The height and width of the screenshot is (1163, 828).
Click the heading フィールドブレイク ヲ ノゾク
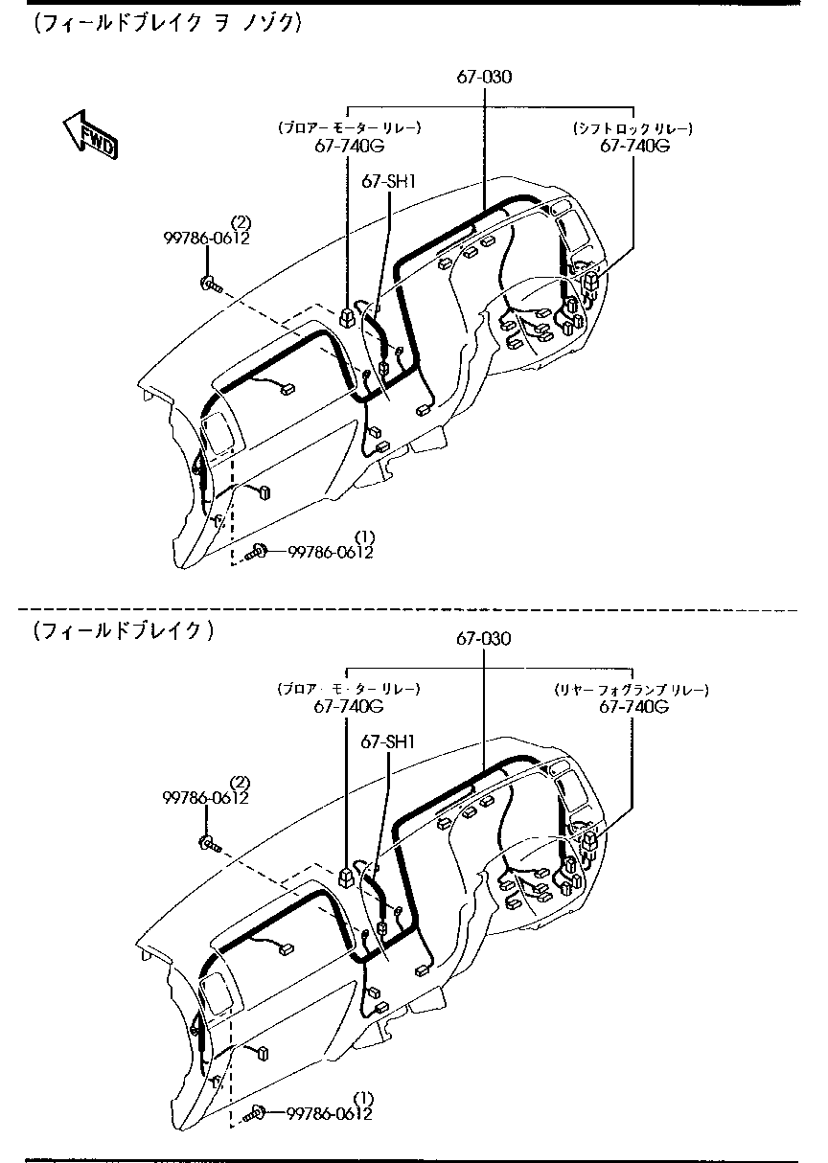click(x=168, y=23)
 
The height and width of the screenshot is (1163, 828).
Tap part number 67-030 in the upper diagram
click(x=483, y=78)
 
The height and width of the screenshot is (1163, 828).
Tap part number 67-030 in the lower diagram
click(x=483, y=638)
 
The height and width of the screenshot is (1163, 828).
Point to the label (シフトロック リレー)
click(x=632, y=127)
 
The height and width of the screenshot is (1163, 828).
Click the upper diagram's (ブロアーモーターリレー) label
click(x=349, y=127)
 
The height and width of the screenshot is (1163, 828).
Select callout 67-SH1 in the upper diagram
click(x=387, y=180)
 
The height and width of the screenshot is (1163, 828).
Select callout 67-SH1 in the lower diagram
click(x=387, y=741)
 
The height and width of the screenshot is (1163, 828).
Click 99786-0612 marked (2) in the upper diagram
click(x=205, y=239)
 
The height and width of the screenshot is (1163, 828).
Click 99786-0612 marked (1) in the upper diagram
click(x=331, y=552)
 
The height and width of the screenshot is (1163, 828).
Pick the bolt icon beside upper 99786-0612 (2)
click(x=210, y=283)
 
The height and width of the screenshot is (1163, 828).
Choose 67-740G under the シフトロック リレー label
click(x=633, y=146)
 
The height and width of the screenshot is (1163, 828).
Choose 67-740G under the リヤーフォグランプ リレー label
click(x=633, y=707)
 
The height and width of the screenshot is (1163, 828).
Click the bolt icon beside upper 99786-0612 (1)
click(x=257, y=551)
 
